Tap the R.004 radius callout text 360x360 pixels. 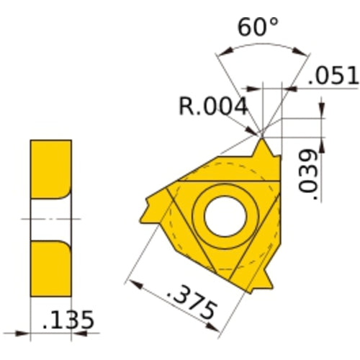pos(213,107)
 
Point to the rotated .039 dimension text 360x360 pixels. pos(309,173)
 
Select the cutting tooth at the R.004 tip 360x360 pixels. pos(265,148)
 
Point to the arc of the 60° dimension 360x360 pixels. pos(260,44)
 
